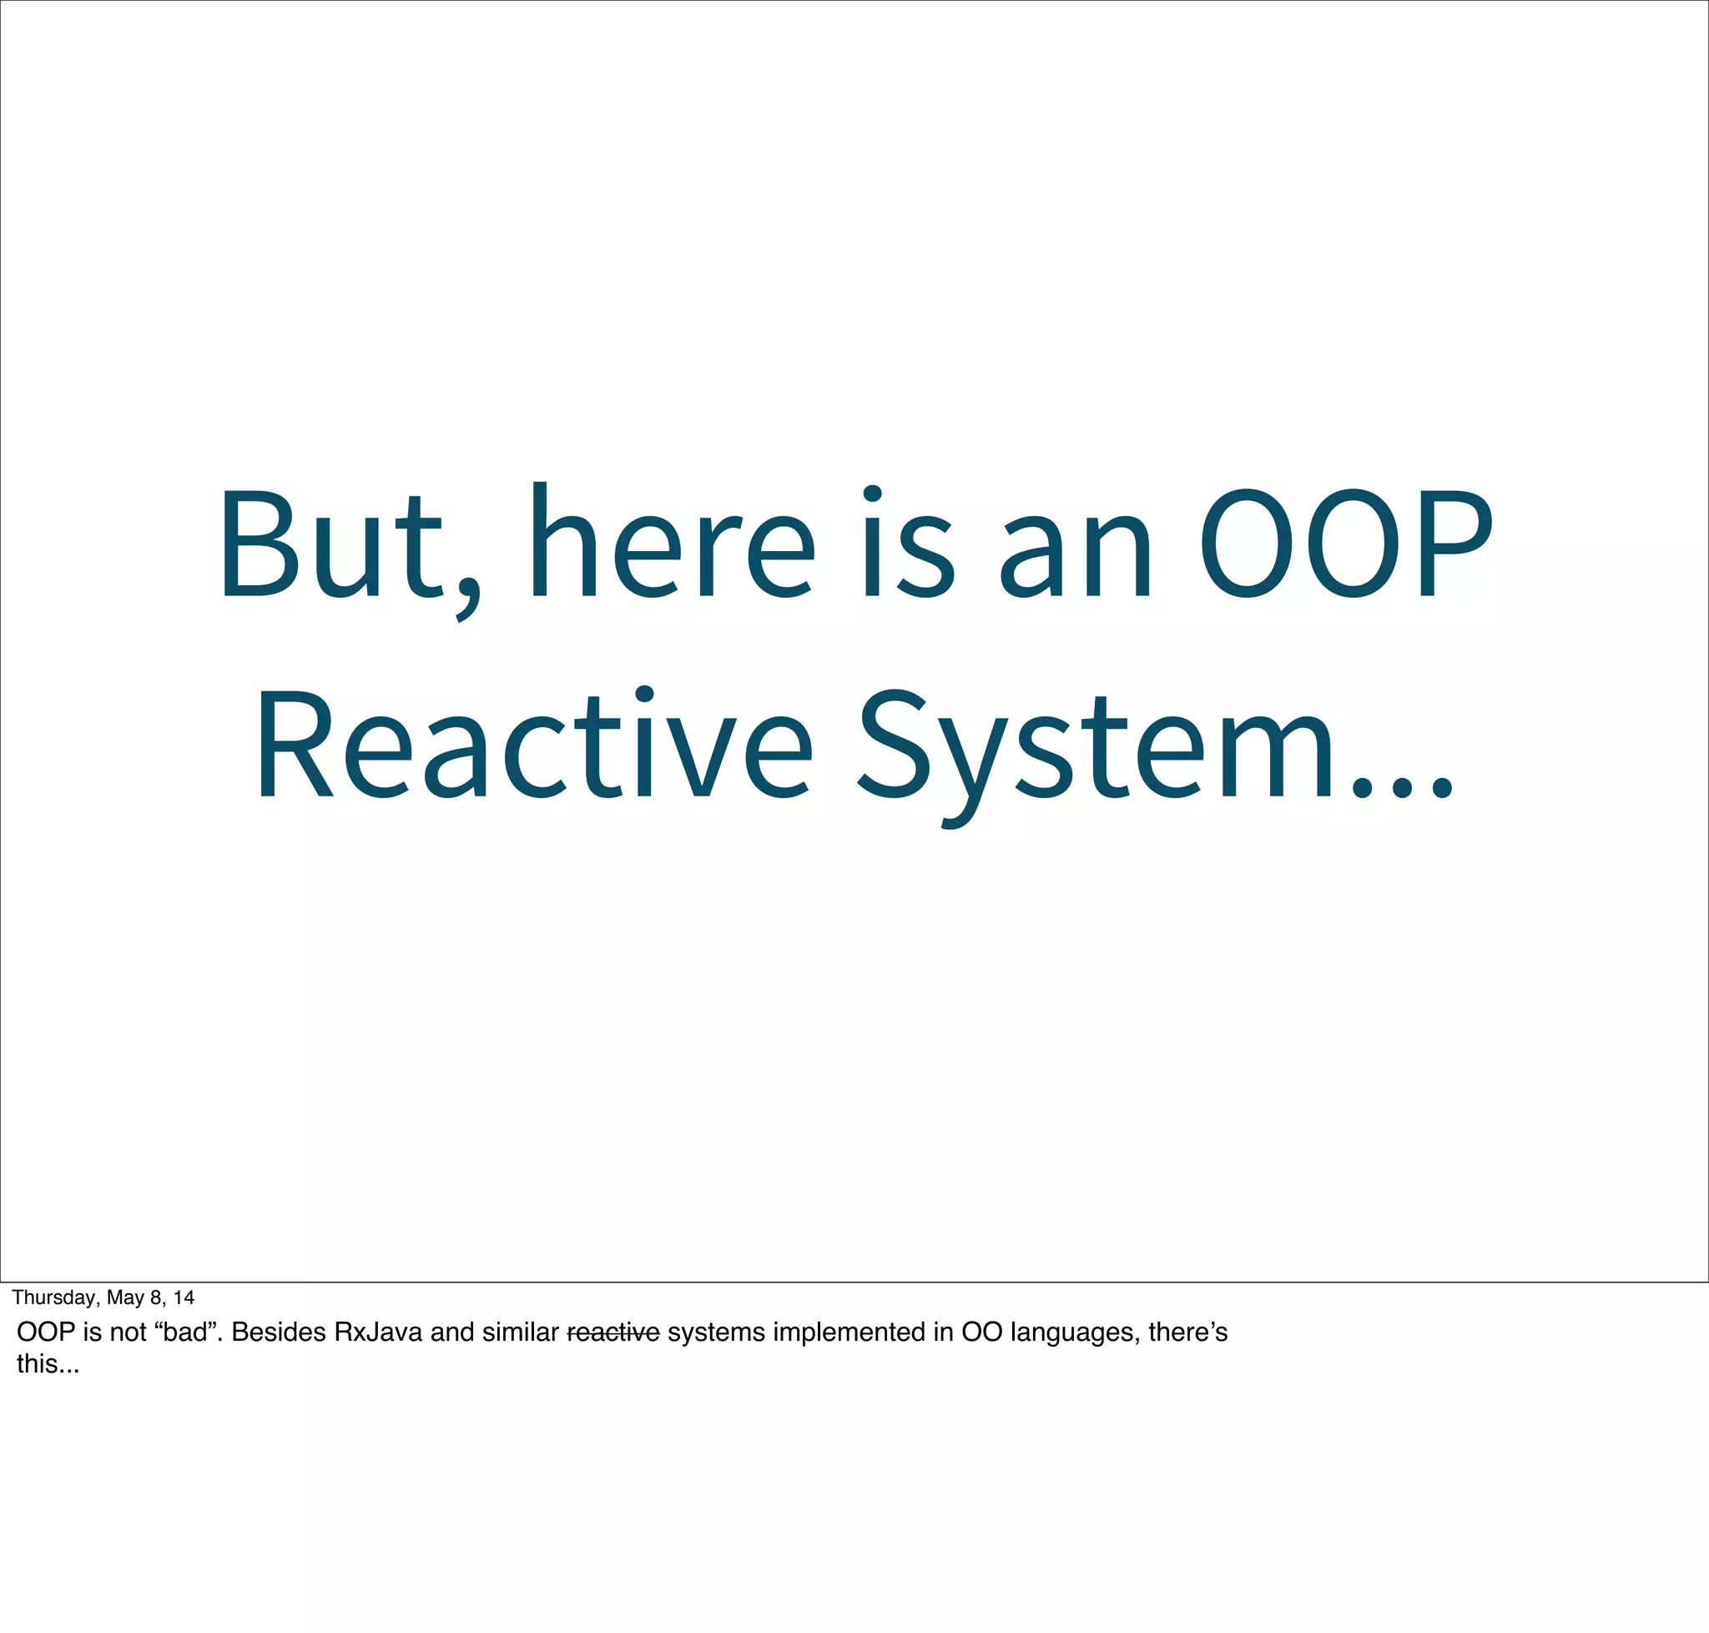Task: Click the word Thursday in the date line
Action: pos(54,1298)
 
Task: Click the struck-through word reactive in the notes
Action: pos(613,1332)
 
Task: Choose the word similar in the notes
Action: pos(520,1332)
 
